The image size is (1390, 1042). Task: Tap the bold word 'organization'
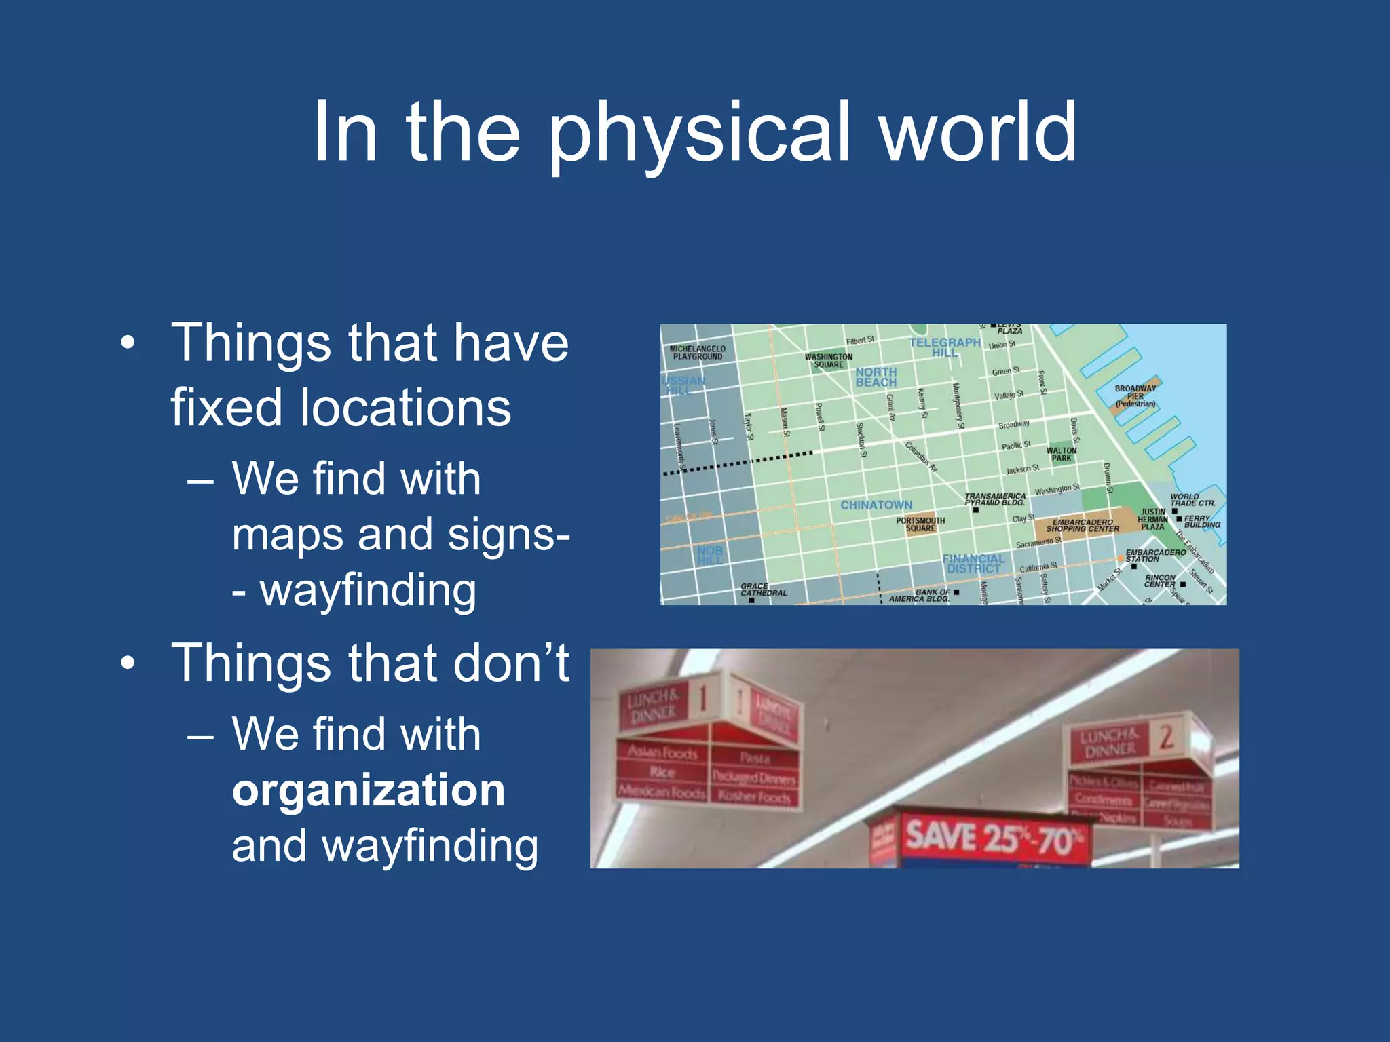(x=369, y=790)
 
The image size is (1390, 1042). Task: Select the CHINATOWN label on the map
(x=876, y=505)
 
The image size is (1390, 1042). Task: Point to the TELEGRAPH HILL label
(x=945, y=347)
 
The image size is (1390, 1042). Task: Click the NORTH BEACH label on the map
(x=876, y=377)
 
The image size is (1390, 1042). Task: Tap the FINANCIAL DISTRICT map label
(x=973, y=564)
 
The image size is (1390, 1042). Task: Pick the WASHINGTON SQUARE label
(x=829, y=360)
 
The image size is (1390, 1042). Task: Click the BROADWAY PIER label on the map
(x=1135, y=396)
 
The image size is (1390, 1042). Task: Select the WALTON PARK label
(x=1062, y=454)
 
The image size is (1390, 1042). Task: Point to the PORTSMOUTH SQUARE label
(x=920, y=524)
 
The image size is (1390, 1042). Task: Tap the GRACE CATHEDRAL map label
(x=764, y=590)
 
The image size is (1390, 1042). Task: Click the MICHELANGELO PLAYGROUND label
(x=698, y=352)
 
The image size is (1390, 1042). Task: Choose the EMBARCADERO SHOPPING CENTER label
(x=1083, y=526)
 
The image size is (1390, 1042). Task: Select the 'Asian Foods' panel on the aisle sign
(x=662, y=752)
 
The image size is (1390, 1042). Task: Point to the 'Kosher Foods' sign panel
(x=754, y=796)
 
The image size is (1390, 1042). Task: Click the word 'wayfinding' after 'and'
(x=430, y=847)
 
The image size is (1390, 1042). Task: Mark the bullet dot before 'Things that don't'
(x=128, y=663)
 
